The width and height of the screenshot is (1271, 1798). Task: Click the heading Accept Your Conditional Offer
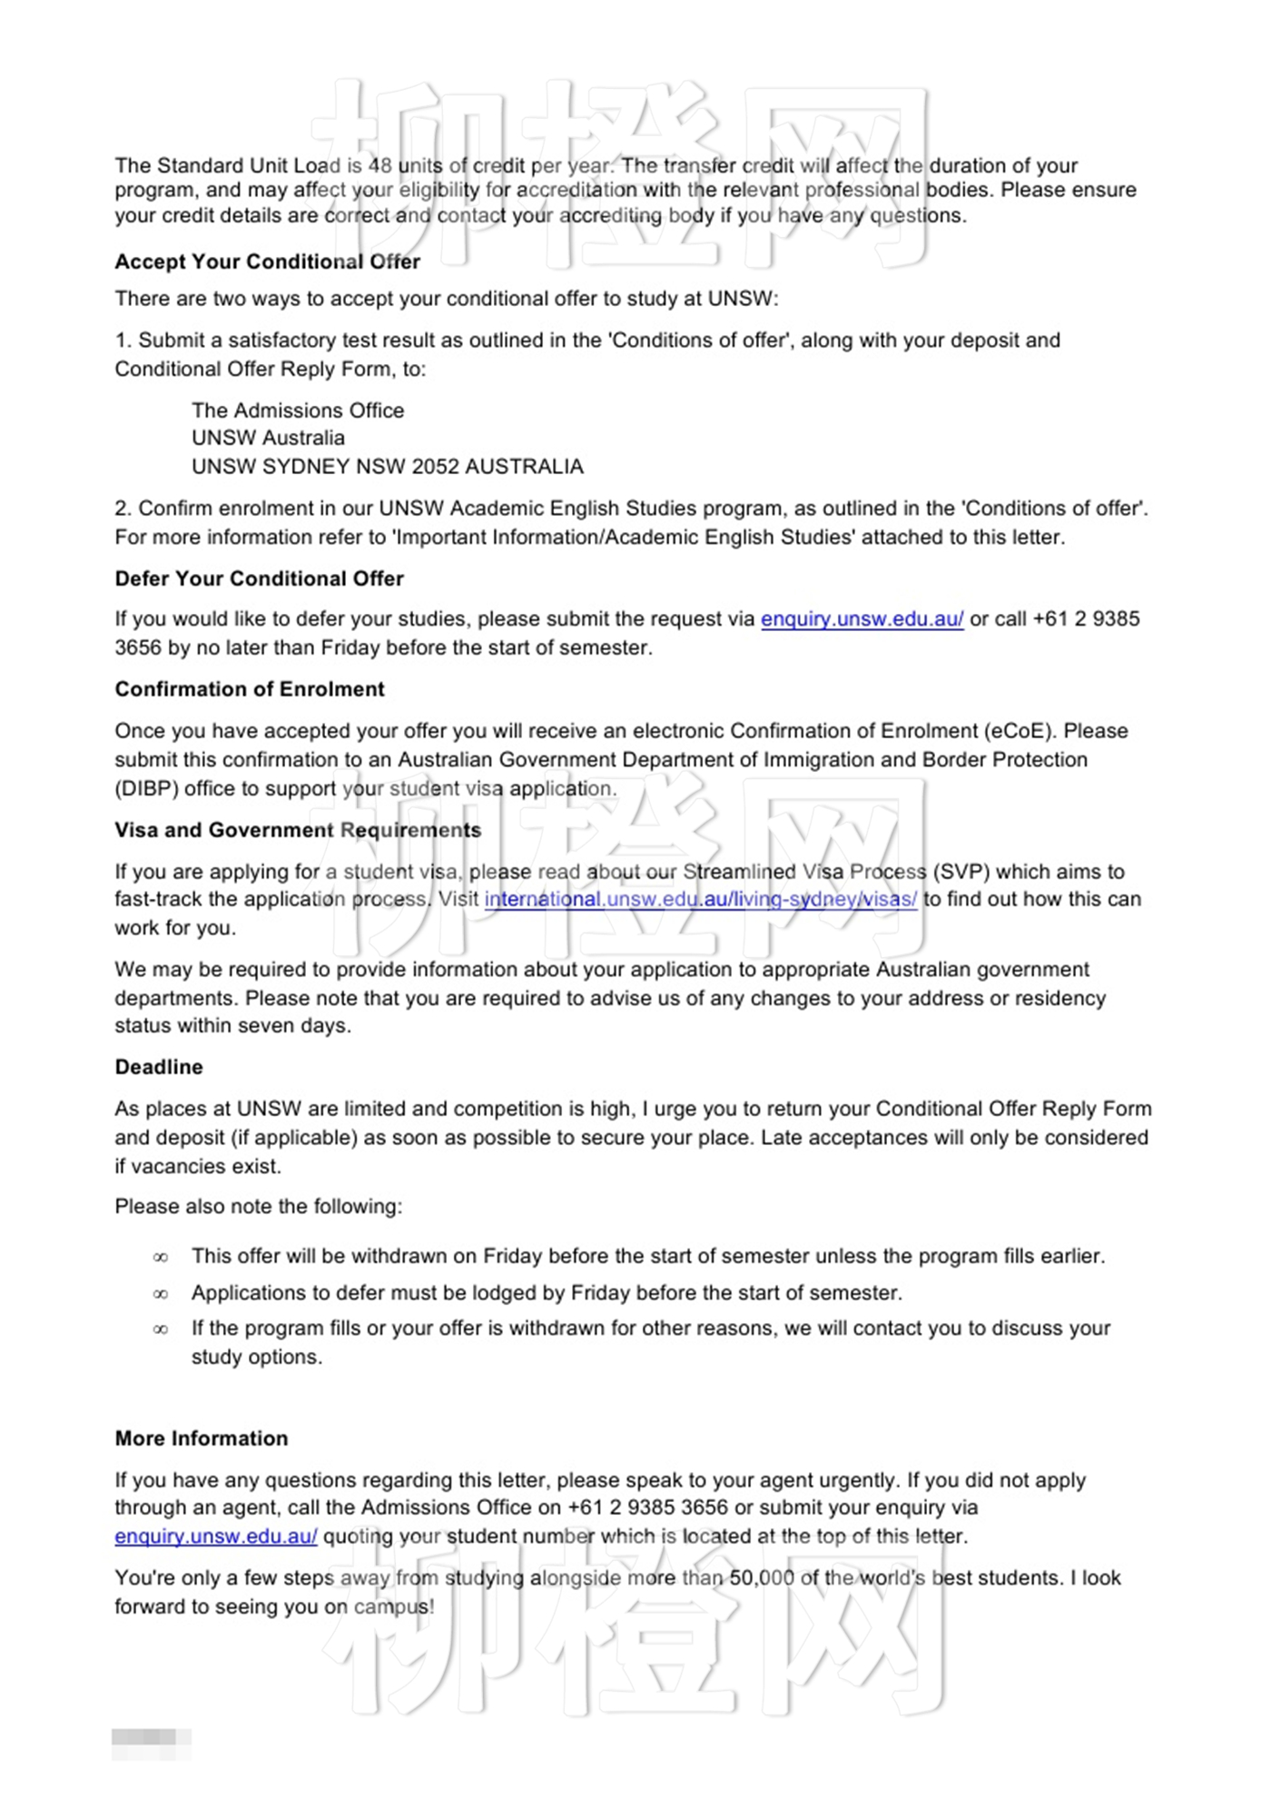[267, 262]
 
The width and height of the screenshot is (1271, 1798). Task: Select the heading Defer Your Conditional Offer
[259, 578]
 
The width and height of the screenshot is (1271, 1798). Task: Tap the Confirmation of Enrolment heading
[250, 689]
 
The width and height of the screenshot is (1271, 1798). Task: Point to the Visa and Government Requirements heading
[298, 830]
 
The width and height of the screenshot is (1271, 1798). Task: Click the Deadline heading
[159, 1067]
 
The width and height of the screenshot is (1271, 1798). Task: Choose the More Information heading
[202, 1438]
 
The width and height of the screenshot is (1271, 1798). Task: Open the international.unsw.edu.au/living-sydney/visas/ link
[700, 899]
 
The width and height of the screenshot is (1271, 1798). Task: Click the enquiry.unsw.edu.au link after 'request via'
[862, 619]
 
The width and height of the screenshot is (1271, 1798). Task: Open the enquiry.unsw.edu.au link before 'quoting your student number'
[216, 1536]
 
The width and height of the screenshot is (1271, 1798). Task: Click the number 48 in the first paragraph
[380, 165]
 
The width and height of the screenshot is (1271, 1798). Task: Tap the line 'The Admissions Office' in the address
[298, 410]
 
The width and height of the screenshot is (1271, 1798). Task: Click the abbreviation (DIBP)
[146, 788]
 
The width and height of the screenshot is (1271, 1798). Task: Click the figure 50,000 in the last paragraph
[762, 1578]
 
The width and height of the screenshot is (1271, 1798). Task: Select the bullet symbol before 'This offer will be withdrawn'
[161, 1258]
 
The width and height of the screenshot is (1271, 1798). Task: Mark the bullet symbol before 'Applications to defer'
[161, 1294]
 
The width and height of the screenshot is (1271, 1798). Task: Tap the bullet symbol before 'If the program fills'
[161, 1329]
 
